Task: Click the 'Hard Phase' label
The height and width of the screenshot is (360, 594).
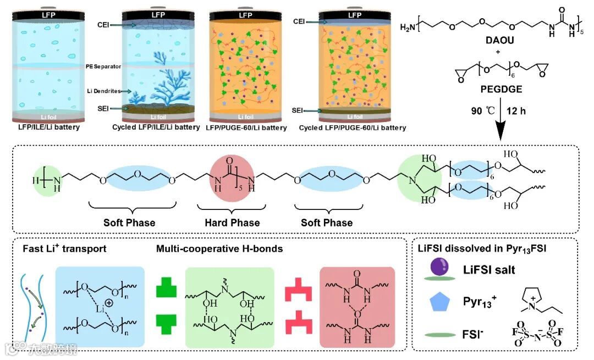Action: (x=232, y=223)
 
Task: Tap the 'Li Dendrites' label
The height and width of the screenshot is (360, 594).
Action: (x=101, y=91)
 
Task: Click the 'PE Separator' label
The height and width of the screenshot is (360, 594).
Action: (x=103, y=66)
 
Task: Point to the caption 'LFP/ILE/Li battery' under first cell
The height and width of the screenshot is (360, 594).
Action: (x=48, y=128)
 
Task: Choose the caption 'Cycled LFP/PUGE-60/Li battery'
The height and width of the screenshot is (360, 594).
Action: (x=353, y=128)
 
